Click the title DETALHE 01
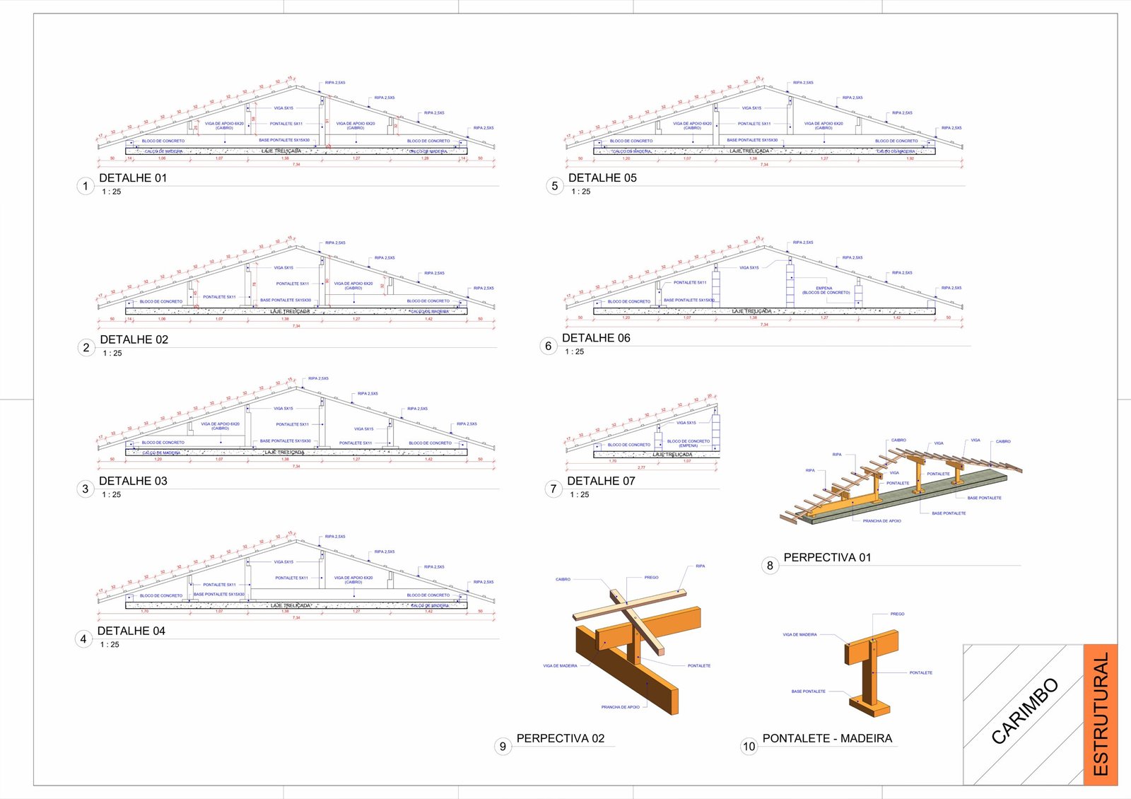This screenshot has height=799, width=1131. [x=133, y=178]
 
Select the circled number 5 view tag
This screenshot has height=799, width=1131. [x=554, y=186]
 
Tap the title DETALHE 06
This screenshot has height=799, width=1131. [x=596, y=338]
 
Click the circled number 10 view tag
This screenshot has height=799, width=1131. [x=749, y=746]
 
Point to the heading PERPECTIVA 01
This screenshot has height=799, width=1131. [x=827, y=557]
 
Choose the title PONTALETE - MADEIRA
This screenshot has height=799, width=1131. [x=827, y=738]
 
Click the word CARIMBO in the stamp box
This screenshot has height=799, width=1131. [x=1024, y=711]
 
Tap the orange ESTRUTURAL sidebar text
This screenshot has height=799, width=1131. [x=1101, y=714]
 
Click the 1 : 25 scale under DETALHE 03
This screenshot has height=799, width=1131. [x=111, y=495]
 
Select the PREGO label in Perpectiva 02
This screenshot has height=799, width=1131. [x=651, y=578]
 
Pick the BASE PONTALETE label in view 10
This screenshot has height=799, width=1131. [x=808, y=692]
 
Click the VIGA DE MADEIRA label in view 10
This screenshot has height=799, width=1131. [x=799, y=635]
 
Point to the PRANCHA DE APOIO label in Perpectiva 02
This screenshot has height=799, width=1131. [x=620, y=707]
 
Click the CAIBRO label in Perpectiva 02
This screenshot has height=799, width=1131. [x=563, y=580]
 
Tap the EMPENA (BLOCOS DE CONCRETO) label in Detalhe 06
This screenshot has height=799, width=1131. [x=825, y=290]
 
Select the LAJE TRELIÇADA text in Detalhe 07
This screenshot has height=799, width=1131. [x=672, y=455]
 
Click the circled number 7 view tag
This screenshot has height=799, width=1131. [x=553, y=489]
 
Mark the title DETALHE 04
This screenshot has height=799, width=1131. [x=131, y=631]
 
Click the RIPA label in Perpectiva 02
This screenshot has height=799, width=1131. [x=700, y=566]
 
